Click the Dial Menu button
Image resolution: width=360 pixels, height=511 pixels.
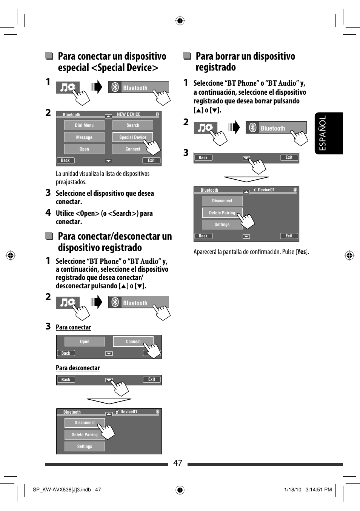click(84, 125)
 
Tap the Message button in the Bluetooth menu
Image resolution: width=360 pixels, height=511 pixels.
click(84, 137)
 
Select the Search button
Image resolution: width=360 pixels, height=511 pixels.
click(133, 125)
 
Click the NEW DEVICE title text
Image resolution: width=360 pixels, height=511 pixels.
click(129, 114)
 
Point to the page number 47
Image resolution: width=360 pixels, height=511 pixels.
click(178, 463)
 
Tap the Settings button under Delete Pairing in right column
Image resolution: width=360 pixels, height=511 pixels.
click(222, 225)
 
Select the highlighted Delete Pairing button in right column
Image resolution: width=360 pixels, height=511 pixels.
click(222, 213)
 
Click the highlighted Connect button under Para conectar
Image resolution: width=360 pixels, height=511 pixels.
click(133, 342)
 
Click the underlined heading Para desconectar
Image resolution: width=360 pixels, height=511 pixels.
click(78, 368)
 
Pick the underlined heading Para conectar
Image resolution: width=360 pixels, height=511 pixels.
click(73, 327)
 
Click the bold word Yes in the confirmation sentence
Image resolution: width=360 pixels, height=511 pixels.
click(302, 252)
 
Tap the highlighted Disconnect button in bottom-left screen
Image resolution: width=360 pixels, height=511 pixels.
click(85, 423)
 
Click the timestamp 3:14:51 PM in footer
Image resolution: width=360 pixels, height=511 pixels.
click(318, 489)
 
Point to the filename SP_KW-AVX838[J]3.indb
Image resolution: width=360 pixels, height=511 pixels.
click(62, 489)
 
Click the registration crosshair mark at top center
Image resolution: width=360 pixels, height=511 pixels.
click(180, 21)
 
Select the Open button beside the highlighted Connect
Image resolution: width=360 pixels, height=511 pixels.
click(85, 342)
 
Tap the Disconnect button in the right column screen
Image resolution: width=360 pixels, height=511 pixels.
click(222, 201)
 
